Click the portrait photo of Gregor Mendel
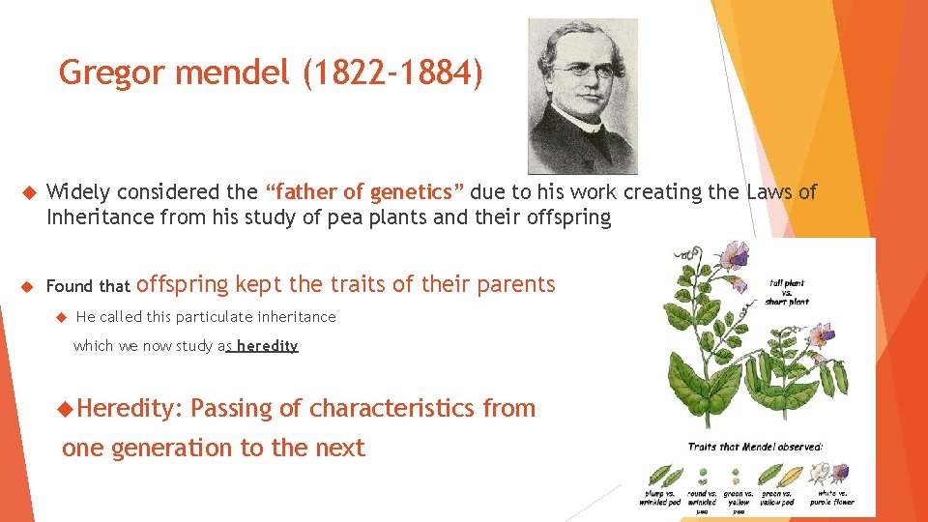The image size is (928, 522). (582, 97)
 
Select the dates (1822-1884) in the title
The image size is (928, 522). (391, 72)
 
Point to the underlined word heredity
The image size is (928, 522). (267, 346)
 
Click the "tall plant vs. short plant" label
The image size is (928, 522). (788, 292)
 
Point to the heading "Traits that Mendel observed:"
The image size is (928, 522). (755, 447)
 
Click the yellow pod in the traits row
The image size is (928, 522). (791, 477)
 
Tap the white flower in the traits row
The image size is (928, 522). (820, 474)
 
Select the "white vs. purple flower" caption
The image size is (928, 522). (830, 498)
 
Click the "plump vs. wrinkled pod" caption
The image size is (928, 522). (661, 498)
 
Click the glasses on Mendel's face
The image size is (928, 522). (577, 70)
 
